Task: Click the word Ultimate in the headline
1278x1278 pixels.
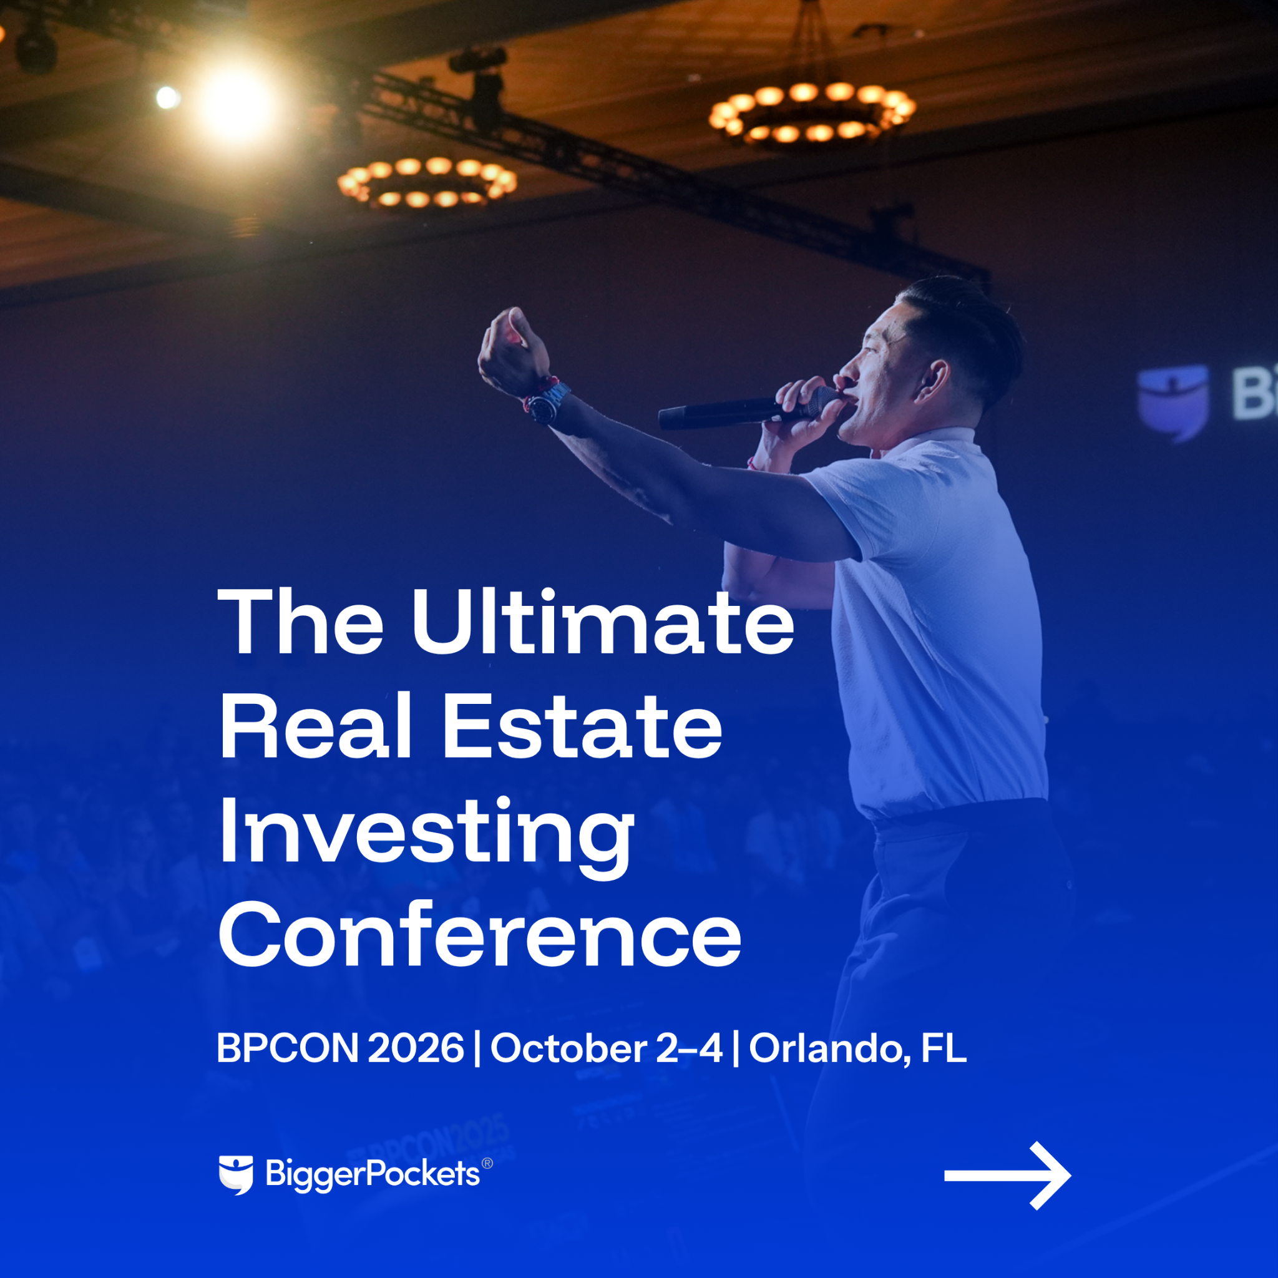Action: tap(603, 622)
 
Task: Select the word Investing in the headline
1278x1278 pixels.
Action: tap(427, 837)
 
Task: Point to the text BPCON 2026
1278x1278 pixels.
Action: tap(340, 1048)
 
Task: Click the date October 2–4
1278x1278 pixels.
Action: tap(606, 1048)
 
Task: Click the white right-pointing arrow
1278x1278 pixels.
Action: tap(1007, 1176)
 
